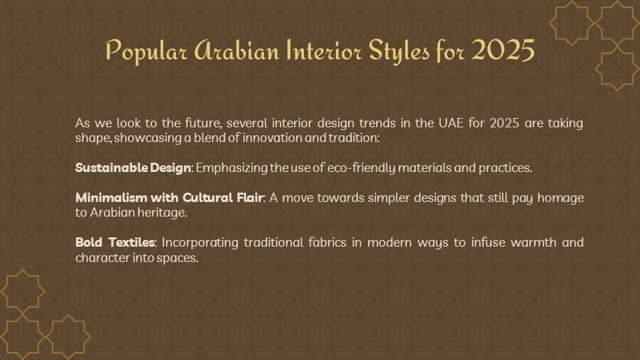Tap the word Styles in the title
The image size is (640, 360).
(399, 51)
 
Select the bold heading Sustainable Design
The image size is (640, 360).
(133, 168)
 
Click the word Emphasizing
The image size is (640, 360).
(231, 168)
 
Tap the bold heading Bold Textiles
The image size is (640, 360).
(115, 243)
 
